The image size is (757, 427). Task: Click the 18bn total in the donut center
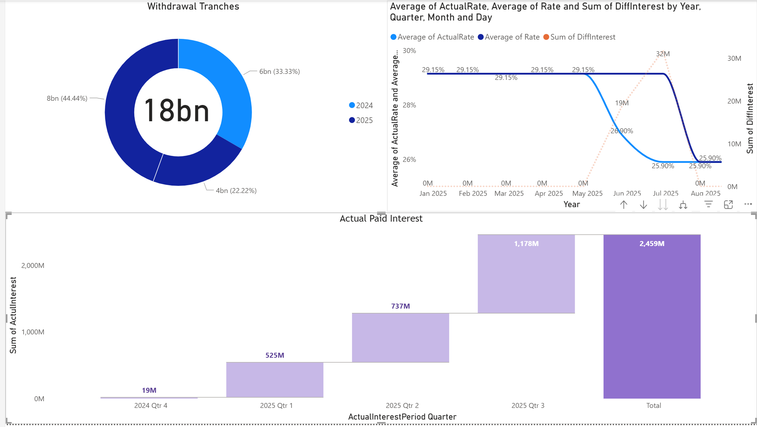[x=177, y=111]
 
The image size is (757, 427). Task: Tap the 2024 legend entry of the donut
[x=361, y=105]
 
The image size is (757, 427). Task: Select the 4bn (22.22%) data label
[x=236, y=191]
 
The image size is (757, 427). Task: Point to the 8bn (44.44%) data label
[x=67, y=98]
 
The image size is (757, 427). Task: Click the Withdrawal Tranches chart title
[x=193, y=6]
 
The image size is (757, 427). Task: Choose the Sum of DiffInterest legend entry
[x=579, y=37]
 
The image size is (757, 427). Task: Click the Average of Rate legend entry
[x=509, y=37]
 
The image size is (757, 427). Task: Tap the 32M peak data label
[x=663, y=54]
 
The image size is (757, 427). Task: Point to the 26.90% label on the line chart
[x=622, y=131]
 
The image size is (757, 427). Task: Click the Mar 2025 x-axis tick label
[x=509, y=193]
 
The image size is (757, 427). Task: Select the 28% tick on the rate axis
[x=409, y=105]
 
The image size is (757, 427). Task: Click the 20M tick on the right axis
[x=734, y=101]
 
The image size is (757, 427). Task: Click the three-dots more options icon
[x=748, y=204]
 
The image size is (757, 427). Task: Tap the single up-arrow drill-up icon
[x=624, y=205]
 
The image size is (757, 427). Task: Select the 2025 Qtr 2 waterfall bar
[x=400, y=338]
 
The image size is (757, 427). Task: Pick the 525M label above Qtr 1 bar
[x=275, y=355]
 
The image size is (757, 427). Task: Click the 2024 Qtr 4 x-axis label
[x=151, y=405]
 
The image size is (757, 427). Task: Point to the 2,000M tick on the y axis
[x=33, y=265]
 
